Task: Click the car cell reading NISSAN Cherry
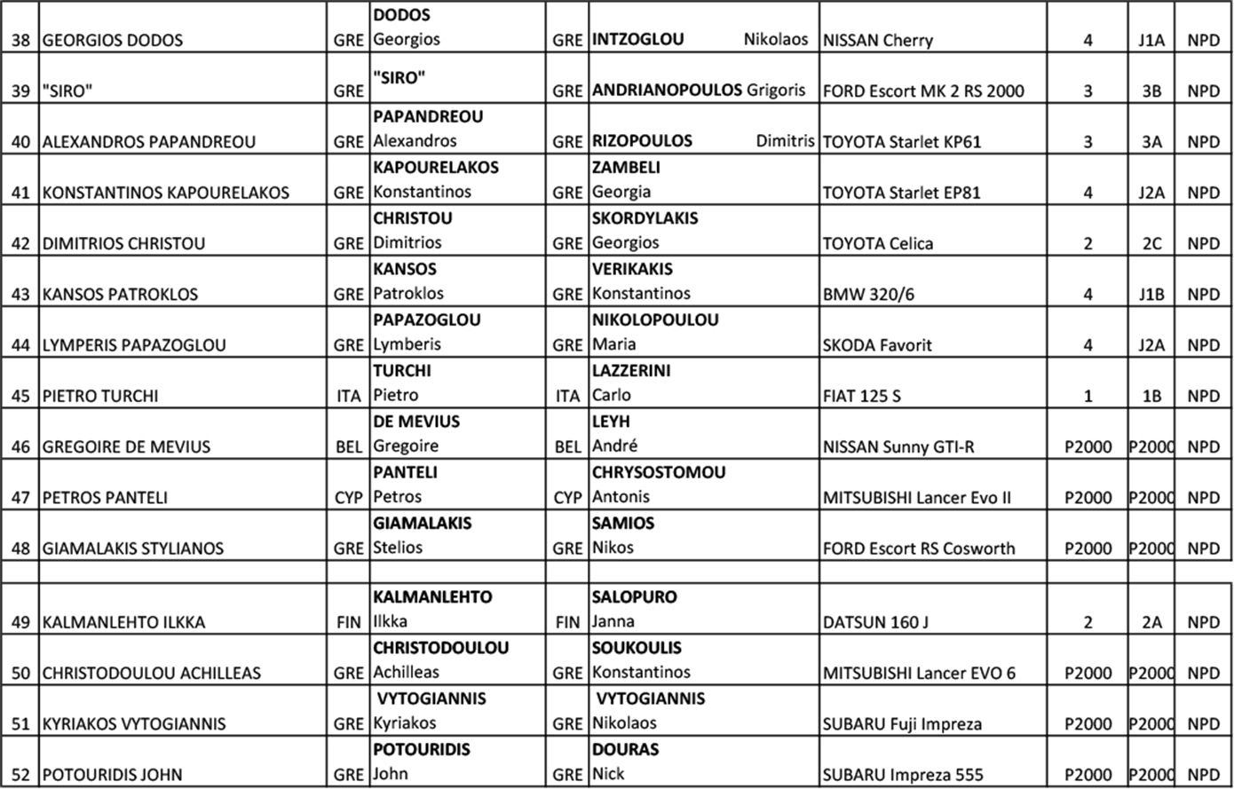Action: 878,41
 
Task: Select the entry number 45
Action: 20,397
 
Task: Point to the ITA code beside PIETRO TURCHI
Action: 349,397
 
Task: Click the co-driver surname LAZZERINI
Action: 631,371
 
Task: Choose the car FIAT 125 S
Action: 861,397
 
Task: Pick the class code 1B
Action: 1151,397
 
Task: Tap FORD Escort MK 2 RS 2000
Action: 923,91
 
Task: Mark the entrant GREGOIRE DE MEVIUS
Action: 126,447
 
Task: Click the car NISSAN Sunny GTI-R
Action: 898,447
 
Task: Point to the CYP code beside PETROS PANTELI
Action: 349,498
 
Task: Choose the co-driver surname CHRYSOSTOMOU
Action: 659,473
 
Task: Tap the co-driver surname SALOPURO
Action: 634,597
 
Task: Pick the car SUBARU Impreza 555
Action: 903,775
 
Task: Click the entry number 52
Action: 20,775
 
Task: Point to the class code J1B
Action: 1151,295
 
